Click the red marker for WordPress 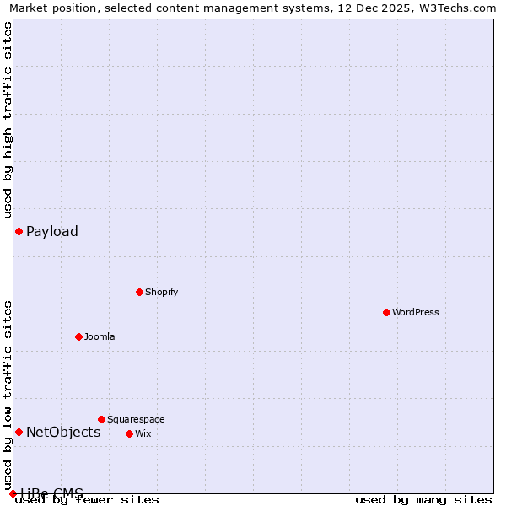[x=386, y=312]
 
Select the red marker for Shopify [x=139, y=292]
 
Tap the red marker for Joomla [x=78, y=336]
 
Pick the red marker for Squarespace [x=101, y=419]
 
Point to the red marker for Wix [x=129, y=433]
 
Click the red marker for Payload [x=19, y=231]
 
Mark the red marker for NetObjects [x=19, y=433]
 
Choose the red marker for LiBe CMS [x=13, y=493]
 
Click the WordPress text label [x=416, y=312]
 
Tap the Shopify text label [x=161, y=292]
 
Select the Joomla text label [x=100, y=336]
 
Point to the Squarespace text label [x=136, y=419]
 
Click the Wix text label [x=143, y=433]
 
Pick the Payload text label [x=52, y=231]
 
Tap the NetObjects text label [x=63, y=433]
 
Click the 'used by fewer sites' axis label [x=88, y=500]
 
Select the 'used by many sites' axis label [x=423, y=500]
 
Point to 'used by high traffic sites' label [x=8, y=120]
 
